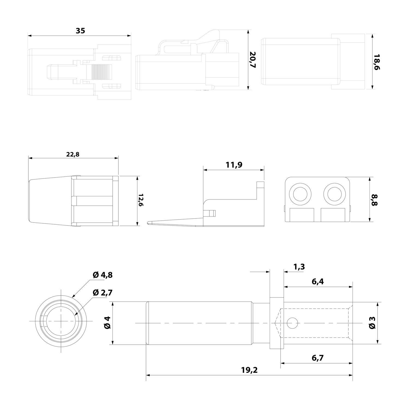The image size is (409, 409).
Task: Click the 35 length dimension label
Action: [x=80, y=31]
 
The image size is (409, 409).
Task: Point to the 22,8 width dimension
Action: [x=73, y=154]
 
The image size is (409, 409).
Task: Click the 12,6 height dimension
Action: [x=141, y=201]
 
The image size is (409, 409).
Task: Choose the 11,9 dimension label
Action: [x=234, y=165]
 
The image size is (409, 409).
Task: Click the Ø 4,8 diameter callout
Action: [x=103, y=275]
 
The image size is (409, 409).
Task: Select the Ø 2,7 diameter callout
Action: [x=103, y=293]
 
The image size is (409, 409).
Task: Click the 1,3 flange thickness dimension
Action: [x=299, y=267]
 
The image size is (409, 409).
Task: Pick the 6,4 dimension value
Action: [x=318, y=282]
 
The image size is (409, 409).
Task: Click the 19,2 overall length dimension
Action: [x=249, y=370]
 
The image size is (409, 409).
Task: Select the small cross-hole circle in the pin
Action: [x=292, y=323]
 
